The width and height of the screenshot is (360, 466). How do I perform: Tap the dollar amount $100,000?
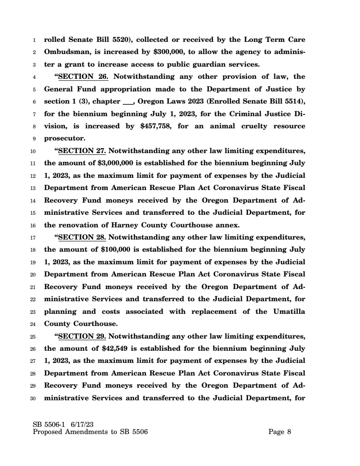117,249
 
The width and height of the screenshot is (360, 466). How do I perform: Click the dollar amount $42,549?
115,348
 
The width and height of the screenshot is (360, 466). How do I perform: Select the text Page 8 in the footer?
280,432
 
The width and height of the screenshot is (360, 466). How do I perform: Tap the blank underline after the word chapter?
129,102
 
